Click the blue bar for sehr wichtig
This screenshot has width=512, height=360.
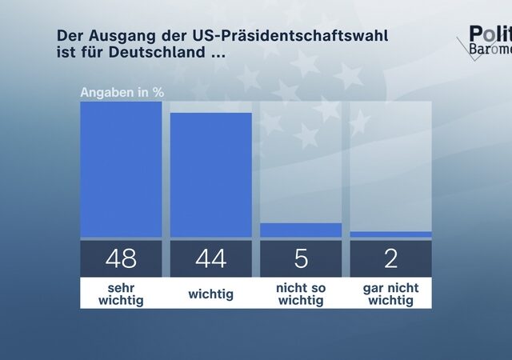121,170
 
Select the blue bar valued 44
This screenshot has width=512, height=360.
210,175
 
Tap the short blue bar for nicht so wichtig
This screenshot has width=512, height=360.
301,230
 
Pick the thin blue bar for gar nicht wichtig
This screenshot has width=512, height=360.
390,234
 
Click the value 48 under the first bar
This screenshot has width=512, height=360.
121,258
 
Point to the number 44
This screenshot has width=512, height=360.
210,258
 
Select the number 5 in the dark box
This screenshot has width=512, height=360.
301,258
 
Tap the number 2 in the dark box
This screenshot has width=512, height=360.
390,258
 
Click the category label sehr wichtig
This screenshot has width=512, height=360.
121,294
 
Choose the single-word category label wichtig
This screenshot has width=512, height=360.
210,294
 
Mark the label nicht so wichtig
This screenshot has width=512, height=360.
301,294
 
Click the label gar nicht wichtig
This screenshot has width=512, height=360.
390,294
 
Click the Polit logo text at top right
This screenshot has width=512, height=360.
489,34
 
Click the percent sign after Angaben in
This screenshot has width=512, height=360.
158,92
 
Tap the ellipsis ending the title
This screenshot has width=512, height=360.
217,56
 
